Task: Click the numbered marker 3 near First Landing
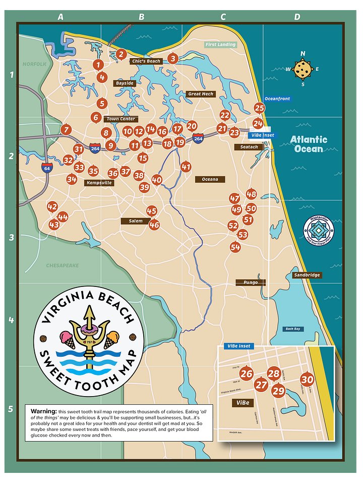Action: click(173, 59)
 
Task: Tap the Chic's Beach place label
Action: click(146, 61)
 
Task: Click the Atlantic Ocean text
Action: click(309, 144)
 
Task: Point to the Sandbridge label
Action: click(307, 275)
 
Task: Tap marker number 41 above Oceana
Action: click(186, 167)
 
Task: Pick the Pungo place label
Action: click(251, 282)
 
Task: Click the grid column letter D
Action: click(297, 17)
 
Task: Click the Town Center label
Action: click(120, 119)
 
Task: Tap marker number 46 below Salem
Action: click(154, 225)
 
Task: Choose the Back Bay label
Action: click(292, 329)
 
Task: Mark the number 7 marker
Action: click(66, 130)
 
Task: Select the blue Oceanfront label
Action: click(277, 99)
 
